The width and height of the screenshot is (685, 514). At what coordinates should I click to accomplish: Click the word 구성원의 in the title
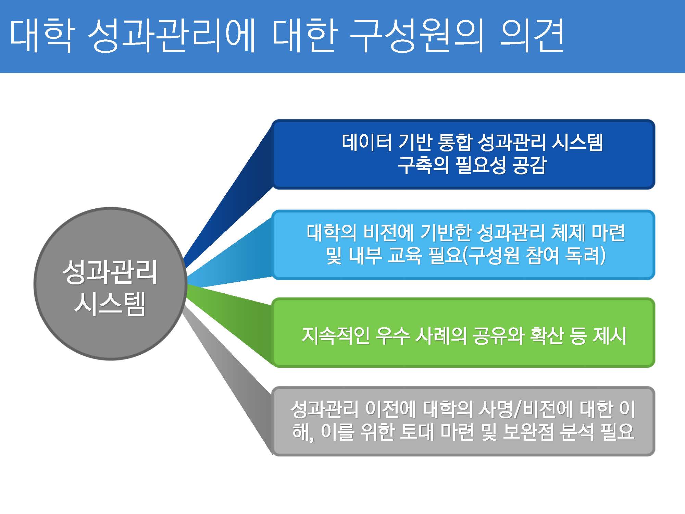click(417, 36)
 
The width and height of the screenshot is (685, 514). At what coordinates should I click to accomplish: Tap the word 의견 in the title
click(532, 36)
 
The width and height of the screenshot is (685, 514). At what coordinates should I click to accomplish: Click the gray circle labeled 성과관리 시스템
click(110, 284)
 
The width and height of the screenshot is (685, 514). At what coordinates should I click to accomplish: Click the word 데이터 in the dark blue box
click(367, 142)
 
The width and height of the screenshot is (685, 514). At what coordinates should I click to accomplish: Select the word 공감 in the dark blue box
click(530, 165)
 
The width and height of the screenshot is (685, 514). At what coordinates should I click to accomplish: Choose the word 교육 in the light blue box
click(405, 256)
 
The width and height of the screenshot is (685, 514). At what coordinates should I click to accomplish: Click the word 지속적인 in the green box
click(336, 335)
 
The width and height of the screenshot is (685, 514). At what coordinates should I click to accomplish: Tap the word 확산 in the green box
click(547, 335)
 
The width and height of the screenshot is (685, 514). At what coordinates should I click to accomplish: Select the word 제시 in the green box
click(610, 335)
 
